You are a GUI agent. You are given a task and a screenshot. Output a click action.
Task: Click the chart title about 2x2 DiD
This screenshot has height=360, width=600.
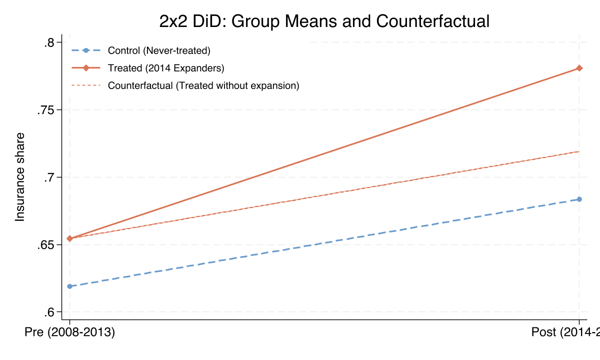pyautogui.click(x=324, y=21)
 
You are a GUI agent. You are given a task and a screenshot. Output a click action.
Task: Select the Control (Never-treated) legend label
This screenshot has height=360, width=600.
pyautogui.click(x=159, y=50)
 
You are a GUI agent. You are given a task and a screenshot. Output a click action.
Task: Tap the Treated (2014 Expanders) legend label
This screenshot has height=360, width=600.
pyautogui.click(x=166, y=68)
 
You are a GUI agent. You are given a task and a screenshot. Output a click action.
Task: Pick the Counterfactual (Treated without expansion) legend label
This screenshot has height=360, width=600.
pyautogui.click(x=203, y=85)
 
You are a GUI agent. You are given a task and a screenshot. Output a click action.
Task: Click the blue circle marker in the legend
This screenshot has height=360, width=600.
pyautogui.click(x=86, y=50)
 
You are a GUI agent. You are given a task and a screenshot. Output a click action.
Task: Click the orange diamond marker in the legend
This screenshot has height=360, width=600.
pyautogui.click(x=86, y=68)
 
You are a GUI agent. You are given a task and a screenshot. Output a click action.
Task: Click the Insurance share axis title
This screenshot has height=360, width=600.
pyautogui.click(x=20, y=177)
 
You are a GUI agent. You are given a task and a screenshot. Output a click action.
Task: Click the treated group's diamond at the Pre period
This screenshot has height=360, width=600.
pyautogui.click(x=69, y=238)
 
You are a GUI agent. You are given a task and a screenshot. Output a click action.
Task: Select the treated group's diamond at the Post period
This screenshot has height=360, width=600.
pyautogui.click(x=579, y=68)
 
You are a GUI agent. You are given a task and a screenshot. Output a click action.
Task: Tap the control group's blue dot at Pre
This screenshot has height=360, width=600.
pyautogui.click(x=69, y=286)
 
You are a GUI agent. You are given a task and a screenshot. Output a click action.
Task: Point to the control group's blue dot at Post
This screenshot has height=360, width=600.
pyautogui.click(x=579, y=199)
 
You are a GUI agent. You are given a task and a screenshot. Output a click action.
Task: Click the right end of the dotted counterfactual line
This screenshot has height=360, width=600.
pyautogui.click(x=578, y=151)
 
